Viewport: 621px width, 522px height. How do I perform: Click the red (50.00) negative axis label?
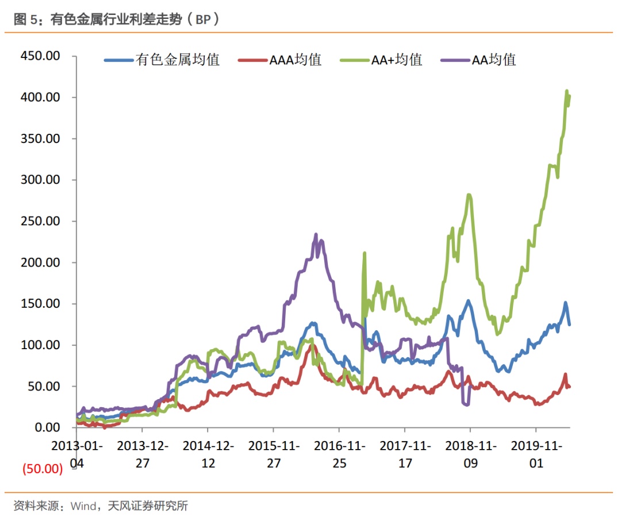pos(42,469)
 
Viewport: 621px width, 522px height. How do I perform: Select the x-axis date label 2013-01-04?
pos(76,454)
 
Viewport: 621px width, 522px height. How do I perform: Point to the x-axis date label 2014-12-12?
pos(208,454)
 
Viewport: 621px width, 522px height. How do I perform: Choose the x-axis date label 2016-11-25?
pos(339,454)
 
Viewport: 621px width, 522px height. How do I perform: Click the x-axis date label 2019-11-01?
pos(536,454)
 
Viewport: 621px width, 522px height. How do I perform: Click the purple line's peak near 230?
pos(316,235)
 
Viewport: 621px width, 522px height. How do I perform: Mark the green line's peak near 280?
pos(469,195)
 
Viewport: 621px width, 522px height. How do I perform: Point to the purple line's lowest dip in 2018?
pos(466,404)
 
